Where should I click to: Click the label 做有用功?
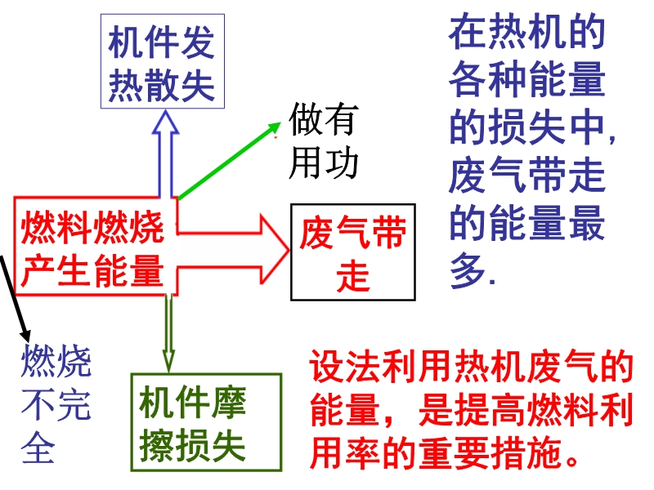[323, 140]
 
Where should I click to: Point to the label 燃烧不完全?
[56, 403]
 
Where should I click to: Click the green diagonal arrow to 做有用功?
[230, 160]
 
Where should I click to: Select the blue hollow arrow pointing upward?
[166, 154]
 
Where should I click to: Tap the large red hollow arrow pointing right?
[234, 250]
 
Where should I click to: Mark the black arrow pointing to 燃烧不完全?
[15, 299]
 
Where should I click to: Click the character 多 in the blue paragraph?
[468, 269]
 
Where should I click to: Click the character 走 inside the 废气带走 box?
[353, 276]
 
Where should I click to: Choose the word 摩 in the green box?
[229, 401]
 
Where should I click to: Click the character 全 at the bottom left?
[38, 447]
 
